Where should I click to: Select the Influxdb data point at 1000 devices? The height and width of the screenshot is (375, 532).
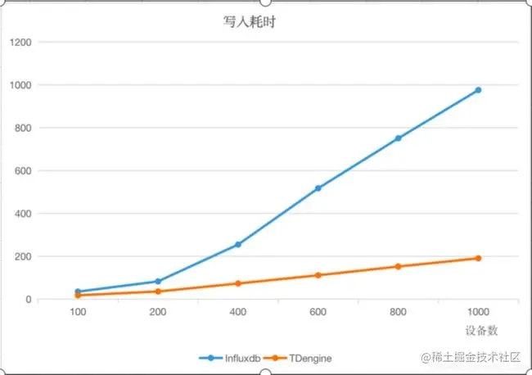[x=479, y=90]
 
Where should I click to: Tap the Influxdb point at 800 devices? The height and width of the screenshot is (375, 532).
[x=399, y=138]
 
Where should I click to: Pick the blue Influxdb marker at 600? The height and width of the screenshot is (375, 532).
[x=318, y=188]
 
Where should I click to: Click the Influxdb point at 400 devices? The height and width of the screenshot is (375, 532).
[x=238, y=245]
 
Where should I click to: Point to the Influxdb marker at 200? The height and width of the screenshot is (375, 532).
[x=158, y=282]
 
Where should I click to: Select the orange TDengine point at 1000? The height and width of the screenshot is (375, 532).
[x=479, y=259]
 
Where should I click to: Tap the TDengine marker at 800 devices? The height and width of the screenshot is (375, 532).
[x=399, y=267]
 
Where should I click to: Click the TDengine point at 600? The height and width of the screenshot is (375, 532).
[x=318, y=275]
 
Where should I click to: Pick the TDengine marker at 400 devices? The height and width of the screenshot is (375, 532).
[x=238, y=283]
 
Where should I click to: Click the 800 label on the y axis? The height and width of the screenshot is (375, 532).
[x=24, y=128]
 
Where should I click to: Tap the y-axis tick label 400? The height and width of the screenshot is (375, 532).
[x=24, y=214]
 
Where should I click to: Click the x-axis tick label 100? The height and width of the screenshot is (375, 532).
[x=78, y=313]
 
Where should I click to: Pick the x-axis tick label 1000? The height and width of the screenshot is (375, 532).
[x=479, y=313]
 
